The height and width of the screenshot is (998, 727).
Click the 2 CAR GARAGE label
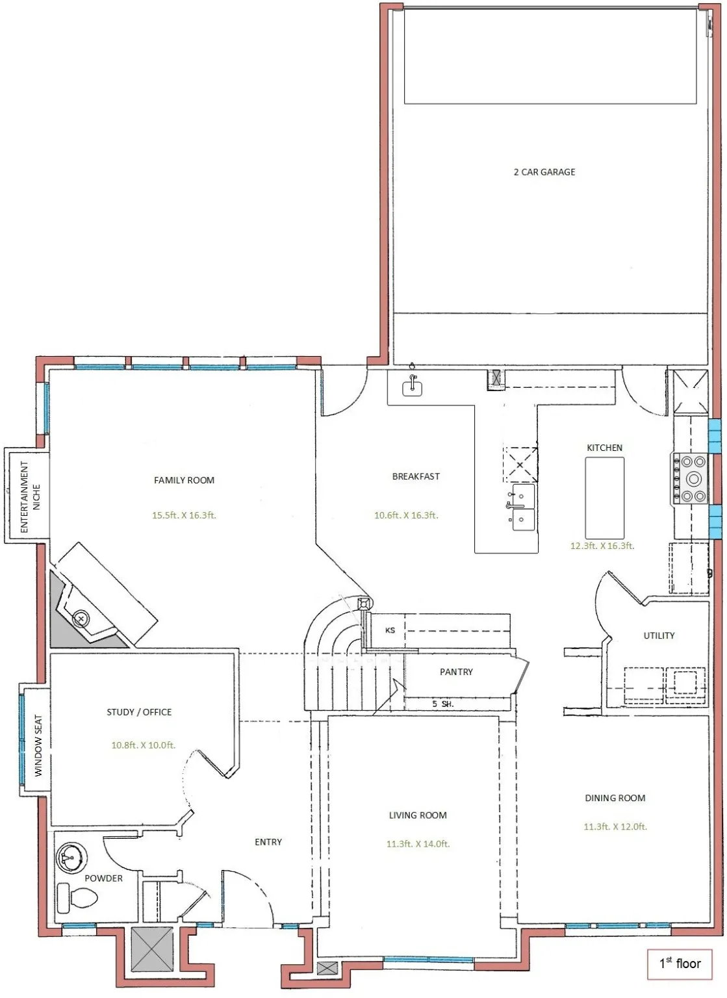(x=544, y=172)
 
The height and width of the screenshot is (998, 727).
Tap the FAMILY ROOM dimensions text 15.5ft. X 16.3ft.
(x=184, y=515)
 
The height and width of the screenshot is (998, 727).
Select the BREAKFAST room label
(x=416, y=476)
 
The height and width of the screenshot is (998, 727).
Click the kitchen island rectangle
(x=604, y=498)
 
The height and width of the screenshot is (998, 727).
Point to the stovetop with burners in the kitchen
(x=689, y=479)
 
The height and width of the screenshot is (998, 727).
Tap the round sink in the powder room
(x=71, y=858)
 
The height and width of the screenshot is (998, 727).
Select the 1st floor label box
(x=680, y=964)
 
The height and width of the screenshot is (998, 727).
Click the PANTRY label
(x=456, y=672)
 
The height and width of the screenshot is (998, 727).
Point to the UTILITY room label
(x=659, y=635)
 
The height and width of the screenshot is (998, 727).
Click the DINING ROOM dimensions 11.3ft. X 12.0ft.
(x=615, y=826)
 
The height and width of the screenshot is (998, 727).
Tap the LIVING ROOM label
(x=418, y=815)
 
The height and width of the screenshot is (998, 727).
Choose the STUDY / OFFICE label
(x=139, y=712)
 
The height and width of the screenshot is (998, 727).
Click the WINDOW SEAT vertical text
(x=38, y=746)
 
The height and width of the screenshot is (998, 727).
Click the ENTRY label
(x=268, y=842)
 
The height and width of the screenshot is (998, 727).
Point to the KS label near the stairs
(x=390, y=630)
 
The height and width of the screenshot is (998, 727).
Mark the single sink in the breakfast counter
(x=412, y=387)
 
